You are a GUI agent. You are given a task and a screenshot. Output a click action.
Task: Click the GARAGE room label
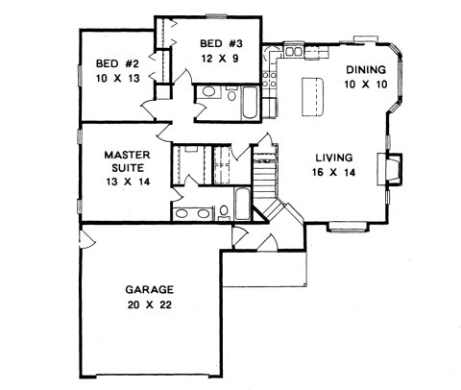pyautogui.click(x=149, y=290)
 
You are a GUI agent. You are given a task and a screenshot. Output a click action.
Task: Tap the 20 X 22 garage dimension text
pyautogui.click(x=149, y=305)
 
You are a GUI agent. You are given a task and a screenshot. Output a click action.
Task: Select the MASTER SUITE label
pyautogui.click(x=127, y=161)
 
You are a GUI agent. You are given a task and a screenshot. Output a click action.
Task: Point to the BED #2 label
pyautogui.click(x=117, y=63)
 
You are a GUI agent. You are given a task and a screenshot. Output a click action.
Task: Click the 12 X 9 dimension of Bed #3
pyautogui.click(x=220, y=59)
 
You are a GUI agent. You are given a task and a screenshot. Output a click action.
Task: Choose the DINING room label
pyautogui.click(x=366, y=69)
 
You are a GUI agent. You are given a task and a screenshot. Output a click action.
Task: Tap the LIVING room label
pyautogui.click(x=334, y=158)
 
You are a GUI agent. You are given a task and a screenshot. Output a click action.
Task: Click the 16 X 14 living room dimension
pyautogui.click(x=334, y=172)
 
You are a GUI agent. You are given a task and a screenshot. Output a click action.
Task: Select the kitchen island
pyautogui.click(x=312, y=96)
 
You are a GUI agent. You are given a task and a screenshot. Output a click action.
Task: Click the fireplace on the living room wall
pyautogui.click(x=390, y=169)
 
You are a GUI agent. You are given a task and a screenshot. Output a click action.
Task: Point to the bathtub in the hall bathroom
pyautogui.click(x=250, y=103)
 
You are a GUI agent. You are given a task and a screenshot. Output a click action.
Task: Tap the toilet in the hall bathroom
pyautogui.click(x=231, y=94)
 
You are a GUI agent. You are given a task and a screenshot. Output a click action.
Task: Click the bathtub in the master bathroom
pyautogui.click(x=242, y=205)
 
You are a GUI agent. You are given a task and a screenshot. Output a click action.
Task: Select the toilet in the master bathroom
pyautogui.click(x=224, y=212)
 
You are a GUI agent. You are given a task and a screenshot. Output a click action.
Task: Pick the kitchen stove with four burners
pyautogui.click(x=269, y=80)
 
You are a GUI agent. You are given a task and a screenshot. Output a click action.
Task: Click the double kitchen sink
pyautogui.click(x=294, y=51)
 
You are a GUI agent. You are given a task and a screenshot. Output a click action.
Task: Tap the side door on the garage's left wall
pyautogui.click(x=86, y=240)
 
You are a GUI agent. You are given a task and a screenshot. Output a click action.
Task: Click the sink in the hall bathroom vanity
pyautogui.click(x=208, y=92)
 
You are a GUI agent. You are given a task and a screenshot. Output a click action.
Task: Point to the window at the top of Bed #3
pyautogui.click(x=217, y=15)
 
